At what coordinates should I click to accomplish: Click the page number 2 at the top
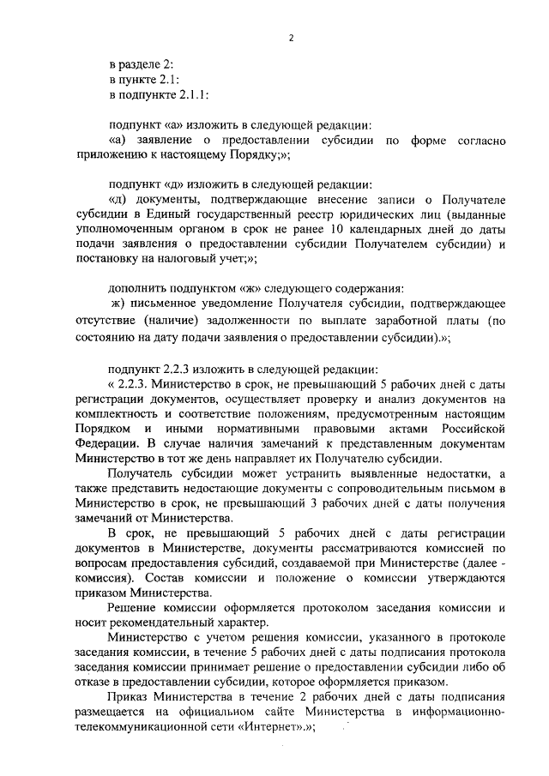[292, 39]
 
